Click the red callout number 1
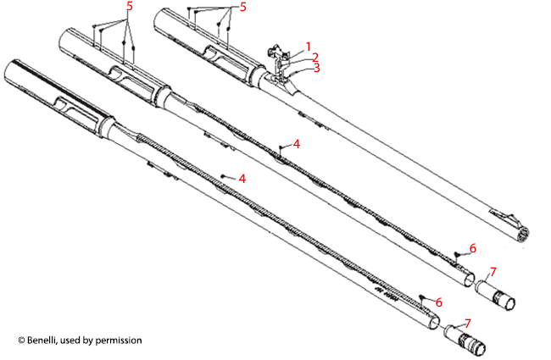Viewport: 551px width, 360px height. [x=309, y=46]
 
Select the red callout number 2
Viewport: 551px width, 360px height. [x=314, y=57]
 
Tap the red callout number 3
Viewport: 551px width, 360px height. [x=317, y=68]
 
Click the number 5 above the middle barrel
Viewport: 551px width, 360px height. [x=129, y=6]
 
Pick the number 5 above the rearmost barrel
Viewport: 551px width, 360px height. [x=243, y=7]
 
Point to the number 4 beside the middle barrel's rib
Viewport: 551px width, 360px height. [x=296, y=144]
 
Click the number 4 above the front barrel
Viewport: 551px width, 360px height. [x=242, y=179]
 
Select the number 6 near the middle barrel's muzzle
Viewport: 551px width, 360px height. [x=473, y=247]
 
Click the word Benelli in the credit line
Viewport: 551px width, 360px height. [x=42, y=341]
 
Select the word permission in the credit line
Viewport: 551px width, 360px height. [x=118, y=341]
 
